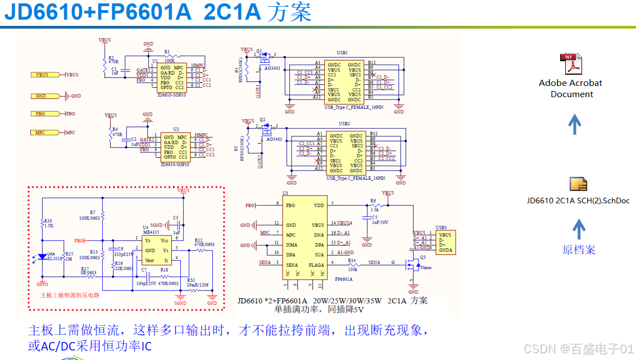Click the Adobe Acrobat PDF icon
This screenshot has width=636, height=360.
pyautogui.click(x=571, y=64)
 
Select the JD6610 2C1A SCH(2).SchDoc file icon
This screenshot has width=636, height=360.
pyautogui.click(x=578, y=184)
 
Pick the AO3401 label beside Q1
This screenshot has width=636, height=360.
pyautogui.click(x=274, y=69)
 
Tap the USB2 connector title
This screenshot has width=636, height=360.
pyautogui.click(x=344, y=124)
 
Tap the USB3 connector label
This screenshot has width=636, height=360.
pyautogui.click(x=441, y=227)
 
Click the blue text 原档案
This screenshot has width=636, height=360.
pyautogui.click(x=578, y=250)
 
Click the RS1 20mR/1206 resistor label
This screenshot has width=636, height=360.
pyautogui.click(x=198, y=282)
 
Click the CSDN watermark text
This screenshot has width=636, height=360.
pyautogui.click(x=579, y=349)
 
